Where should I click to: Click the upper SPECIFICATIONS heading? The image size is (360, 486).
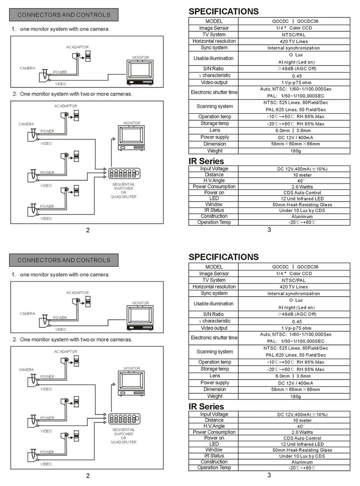tap(223, 11)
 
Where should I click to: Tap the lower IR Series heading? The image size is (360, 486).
tap(206, 406)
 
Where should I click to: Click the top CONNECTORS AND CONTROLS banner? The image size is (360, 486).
tap(64, 15)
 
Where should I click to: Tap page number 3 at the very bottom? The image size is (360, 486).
tap(269, 475)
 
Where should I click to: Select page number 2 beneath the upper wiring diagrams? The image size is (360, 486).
tap(88, 230)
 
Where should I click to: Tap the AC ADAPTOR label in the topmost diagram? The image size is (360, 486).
tap(78, 47)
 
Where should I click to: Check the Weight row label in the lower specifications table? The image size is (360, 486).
tap(215, 396)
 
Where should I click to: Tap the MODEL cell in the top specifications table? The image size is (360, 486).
tap(214, 21)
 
